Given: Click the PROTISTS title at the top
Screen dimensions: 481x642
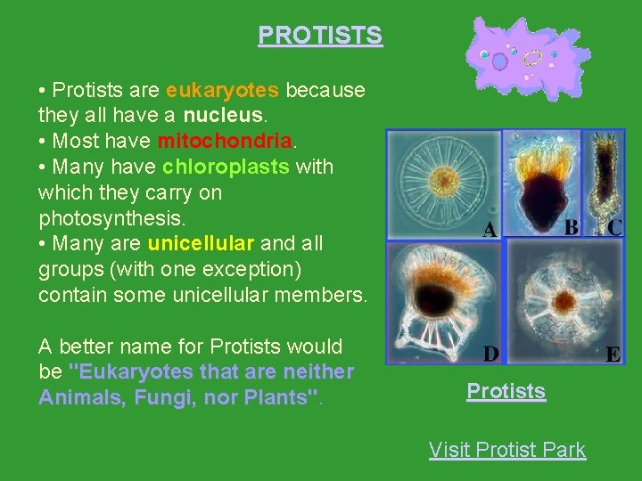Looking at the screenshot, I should point(320,36).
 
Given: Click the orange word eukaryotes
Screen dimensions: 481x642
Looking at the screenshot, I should point(223,90).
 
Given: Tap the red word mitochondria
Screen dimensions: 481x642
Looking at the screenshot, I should point(225,141).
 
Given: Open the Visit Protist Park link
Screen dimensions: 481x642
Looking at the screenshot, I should point(506,450).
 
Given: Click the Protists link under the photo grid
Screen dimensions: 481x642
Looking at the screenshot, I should point(506,392).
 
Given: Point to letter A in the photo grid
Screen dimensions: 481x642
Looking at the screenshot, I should point(490,231).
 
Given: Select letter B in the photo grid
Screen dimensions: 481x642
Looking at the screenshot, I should point(572,227).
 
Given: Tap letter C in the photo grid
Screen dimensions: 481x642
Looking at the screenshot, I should point(614,227).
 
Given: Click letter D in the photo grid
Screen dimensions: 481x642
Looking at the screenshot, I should point(490,355).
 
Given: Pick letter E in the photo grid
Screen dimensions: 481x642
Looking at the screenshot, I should point(613,355).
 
